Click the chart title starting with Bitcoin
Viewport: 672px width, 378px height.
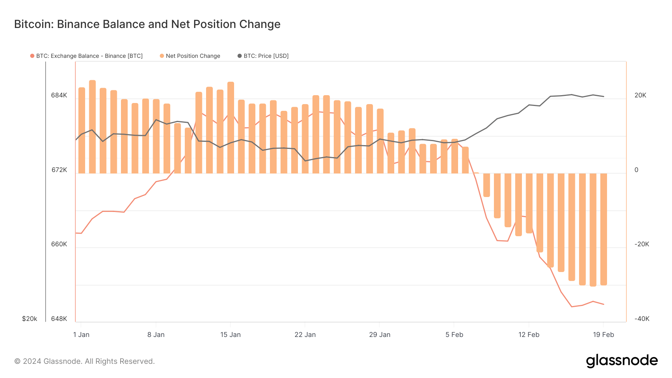pos(147,24)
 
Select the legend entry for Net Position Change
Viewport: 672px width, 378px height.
pos(193,56)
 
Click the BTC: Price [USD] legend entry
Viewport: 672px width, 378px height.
pos(266,56)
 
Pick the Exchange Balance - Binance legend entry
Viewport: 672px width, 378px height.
pos(89,56)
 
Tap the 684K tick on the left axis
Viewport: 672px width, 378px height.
pos(59,96)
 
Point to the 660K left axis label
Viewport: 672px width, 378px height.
pos(59,244)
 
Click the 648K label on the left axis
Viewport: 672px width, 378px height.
pos(59,319)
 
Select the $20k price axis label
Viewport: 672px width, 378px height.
pos(29,319)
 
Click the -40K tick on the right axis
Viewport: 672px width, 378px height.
pos(642,319)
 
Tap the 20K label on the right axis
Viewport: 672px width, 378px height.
pos(640,96)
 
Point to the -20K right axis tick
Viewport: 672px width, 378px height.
pos(642,244)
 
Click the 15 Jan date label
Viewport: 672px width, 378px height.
pos(230,335)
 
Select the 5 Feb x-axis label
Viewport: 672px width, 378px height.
pos(454,335)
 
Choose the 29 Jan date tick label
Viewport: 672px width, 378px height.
pos(380,335)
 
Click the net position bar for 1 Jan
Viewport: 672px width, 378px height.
pos(82,131)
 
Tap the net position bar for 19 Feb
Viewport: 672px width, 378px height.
pos(604,229)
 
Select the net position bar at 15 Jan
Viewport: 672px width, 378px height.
pos(231,128)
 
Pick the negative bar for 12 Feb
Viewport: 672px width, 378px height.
pos(529,203)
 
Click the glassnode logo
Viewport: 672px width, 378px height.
pos(622,361)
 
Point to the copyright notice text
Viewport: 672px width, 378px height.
pos(84,361)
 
